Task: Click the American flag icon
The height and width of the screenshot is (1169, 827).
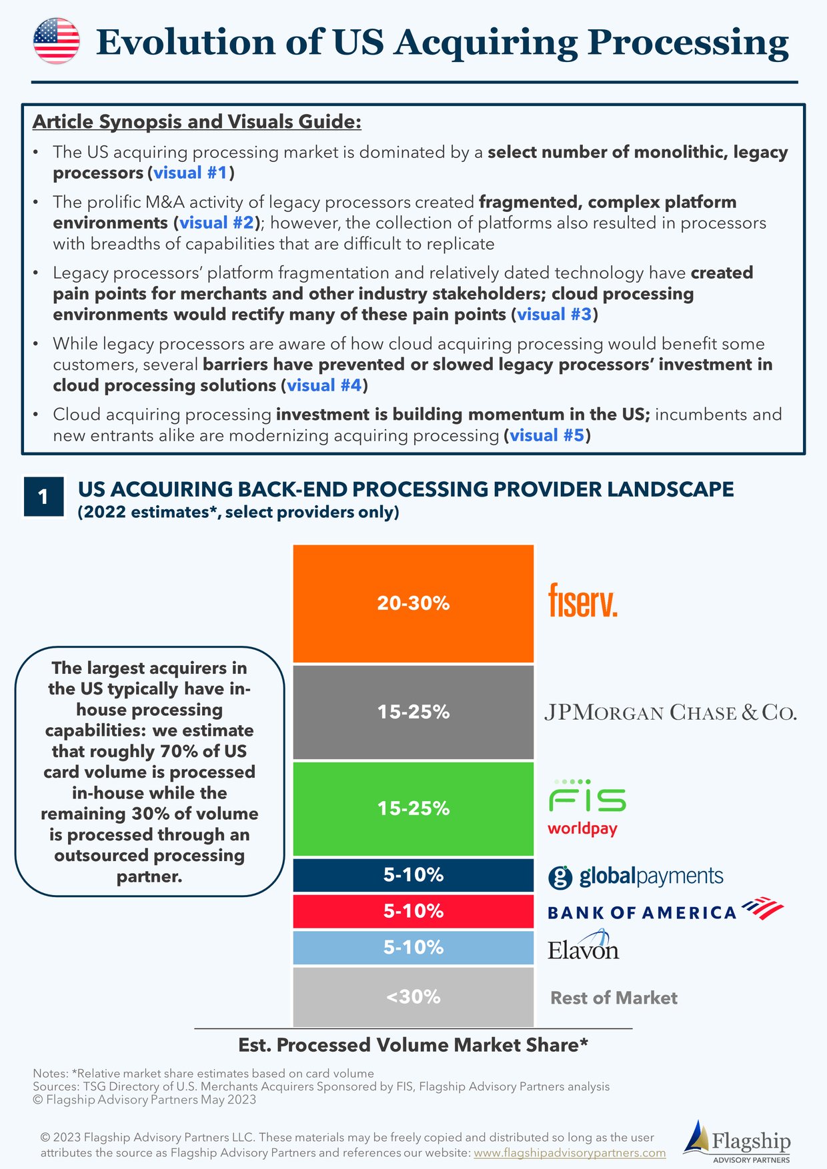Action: tap(57, 41)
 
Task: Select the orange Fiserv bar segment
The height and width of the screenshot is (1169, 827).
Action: tap(414, 603)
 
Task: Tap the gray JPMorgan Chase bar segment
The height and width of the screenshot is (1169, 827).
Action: tap(414, 712)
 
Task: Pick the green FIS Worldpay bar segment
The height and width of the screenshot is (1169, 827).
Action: tap(414, 808)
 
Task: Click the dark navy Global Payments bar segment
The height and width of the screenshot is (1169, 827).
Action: tap(414, 875)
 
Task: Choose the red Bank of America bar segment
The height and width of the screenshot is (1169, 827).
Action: tap(414, 911)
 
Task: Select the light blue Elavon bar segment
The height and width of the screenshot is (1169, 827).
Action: tap(414, 947)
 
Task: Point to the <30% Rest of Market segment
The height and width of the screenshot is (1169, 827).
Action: tap(414, 997)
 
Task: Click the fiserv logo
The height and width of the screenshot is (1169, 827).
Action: tap(582, 600)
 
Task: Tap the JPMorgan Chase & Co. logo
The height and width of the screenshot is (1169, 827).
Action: tap(670, 712)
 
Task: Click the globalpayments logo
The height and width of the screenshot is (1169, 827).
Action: tap(636, 876)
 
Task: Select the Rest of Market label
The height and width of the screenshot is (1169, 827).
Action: tap(614, 998)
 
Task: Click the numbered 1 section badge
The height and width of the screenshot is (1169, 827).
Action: tap(43, 497)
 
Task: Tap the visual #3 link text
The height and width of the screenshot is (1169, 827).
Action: tap(554, 315)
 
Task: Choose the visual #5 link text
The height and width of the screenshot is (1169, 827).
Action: tap(547, 436)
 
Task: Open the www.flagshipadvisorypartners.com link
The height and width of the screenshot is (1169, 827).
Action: tap(570, 1153)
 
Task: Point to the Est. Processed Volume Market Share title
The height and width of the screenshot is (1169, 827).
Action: tap(414, 1045)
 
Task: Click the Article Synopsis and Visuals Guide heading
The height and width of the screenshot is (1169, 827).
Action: tap(197, 122)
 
